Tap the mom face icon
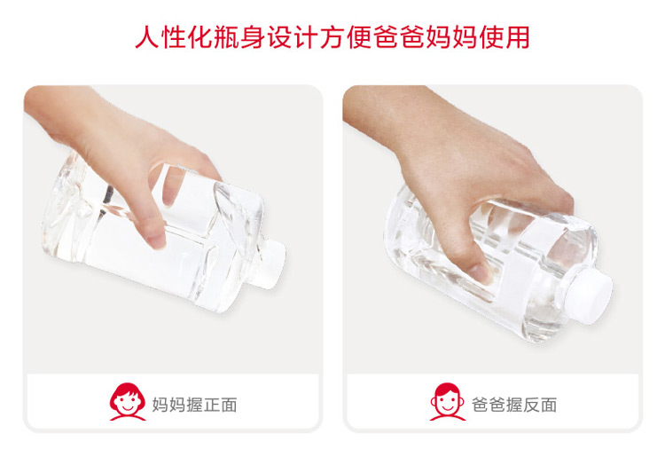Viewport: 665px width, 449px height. click(x=128, y=401)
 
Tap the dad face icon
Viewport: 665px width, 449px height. click(x=448, y=401)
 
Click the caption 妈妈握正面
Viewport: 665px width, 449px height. click(x=195, y=405)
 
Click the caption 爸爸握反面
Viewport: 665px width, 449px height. click(x=514, y=405)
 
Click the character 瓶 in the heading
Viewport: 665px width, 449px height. click(x=227, y=37)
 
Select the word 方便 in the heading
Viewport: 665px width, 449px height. click(x=346, y=37)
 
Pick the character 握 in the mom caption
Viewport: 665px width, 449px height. click(x=195, y=405)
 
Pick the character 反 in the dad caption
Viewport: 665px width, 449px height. click(x=531, y=405)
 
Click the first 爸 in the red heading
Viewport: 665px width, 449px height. click(x=386, y=37)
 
